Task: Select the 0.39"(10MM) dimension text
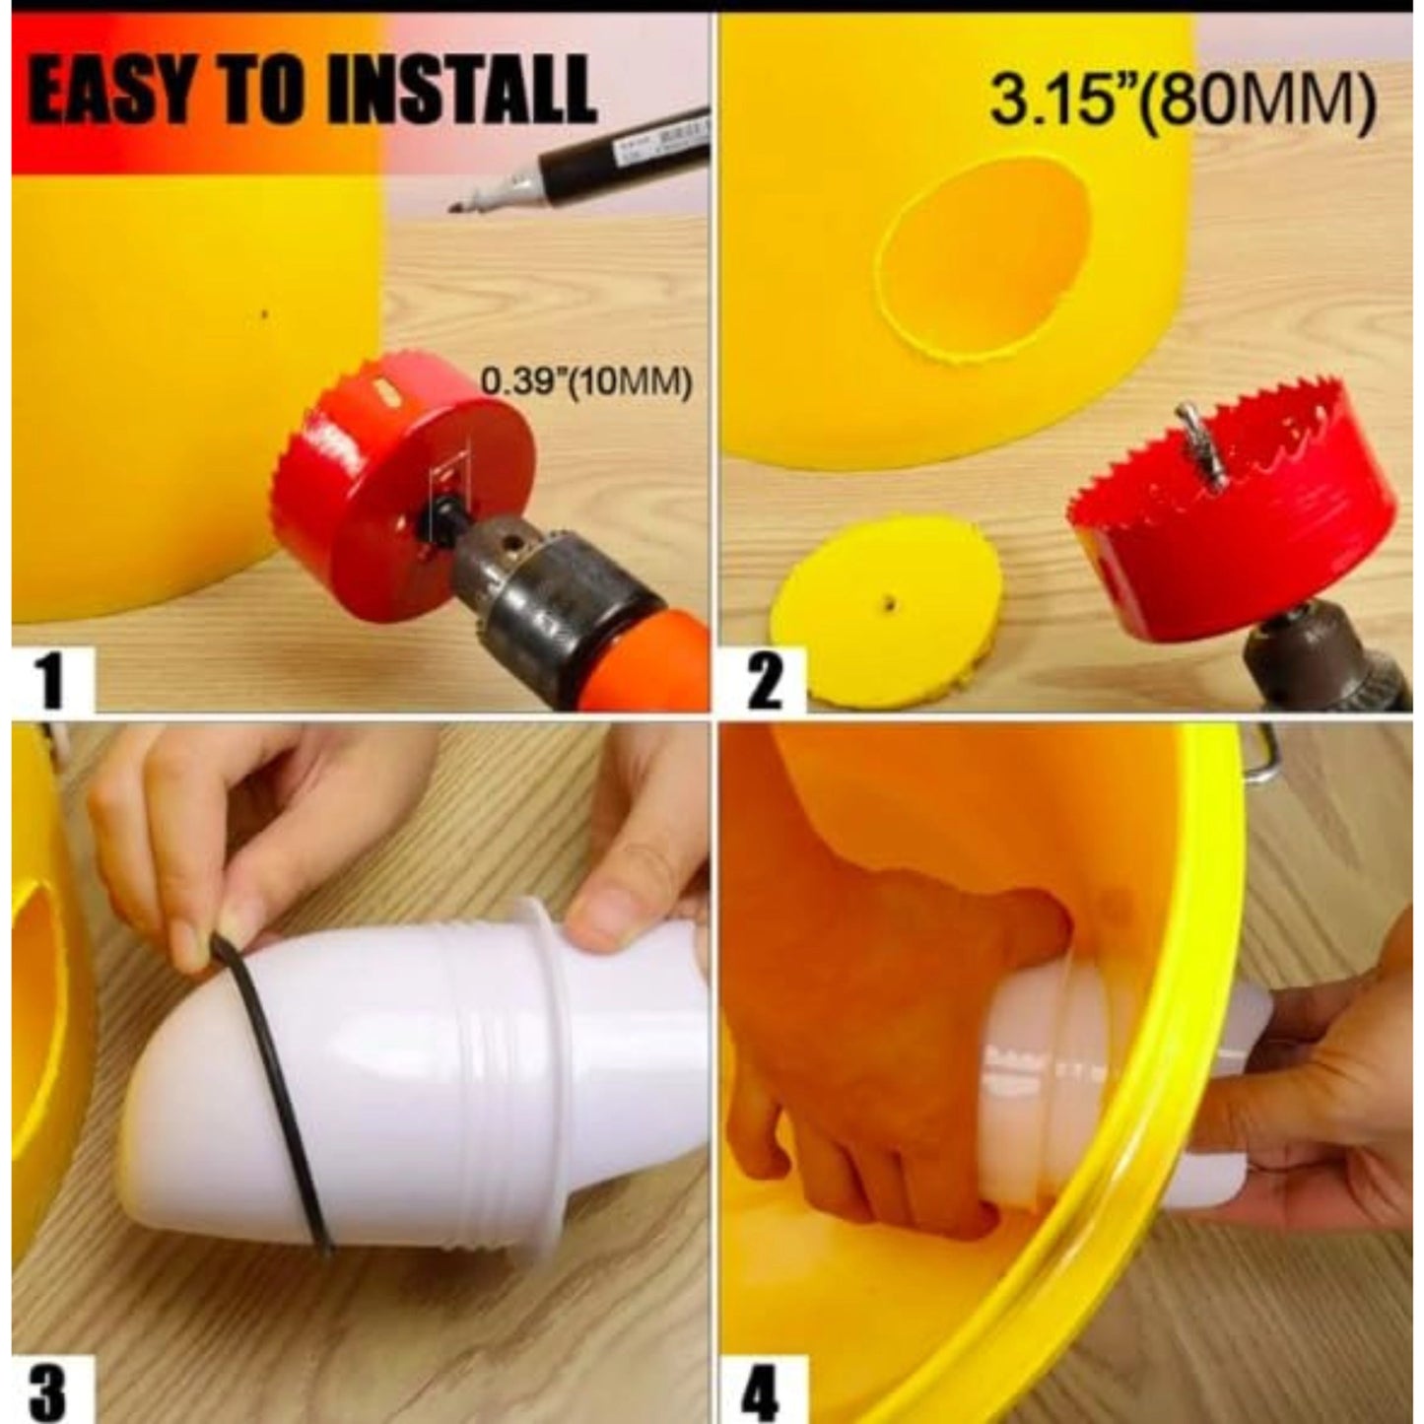[585, 381]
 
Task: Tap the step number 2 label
[762, 681]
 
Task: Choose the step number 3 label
[46, 1391]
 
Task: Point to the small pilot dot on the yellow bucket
[264, 315]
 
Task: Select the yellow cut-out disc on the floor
[887, 611]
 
